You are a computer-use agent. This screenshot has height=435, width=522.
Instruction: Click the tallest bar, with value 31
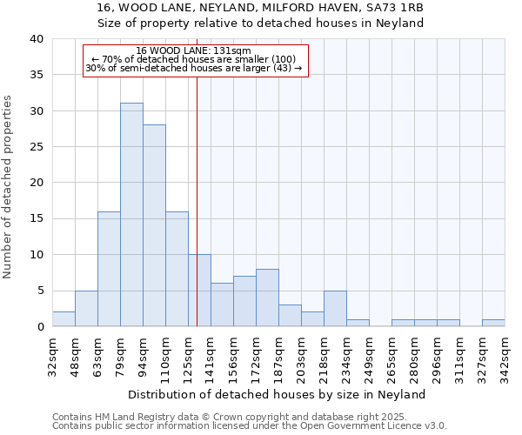pos(131,215)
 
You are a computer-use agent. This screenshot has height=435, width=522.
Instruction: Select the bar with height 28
pos(154,225)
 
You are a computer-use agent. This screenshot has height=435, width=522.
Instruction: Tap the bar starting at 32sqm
pos(64,319)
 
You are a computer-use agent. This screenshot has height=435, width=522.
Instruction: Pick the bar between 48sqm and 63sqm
pos(86,309)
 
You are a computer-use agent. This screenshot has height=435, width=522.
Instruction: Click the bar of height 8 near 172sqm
pos(267,298)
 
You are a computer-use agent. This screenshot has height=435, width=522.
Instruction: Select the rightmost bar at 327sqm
pos(493,323)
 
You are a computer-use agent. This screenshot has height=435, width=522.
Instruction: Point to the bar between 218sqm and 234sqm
pos(335,309)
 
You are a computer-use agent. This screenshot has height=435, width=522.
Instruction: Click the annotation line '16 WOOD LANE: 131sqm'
pos(194,51)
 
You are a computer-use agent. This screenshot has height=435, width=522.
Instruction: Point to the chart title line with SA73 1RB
pos(261,8)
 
